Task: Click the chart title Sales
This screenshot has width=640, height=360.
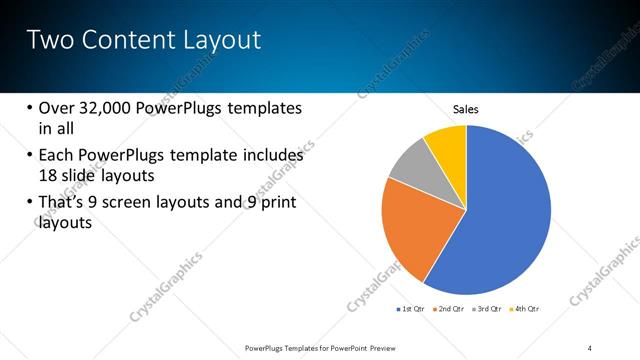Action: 467,108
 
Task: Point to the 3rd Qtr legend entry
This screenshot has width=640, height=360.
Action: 488,309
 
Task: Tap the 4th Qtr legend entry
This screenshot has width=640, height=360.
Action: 526,309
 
